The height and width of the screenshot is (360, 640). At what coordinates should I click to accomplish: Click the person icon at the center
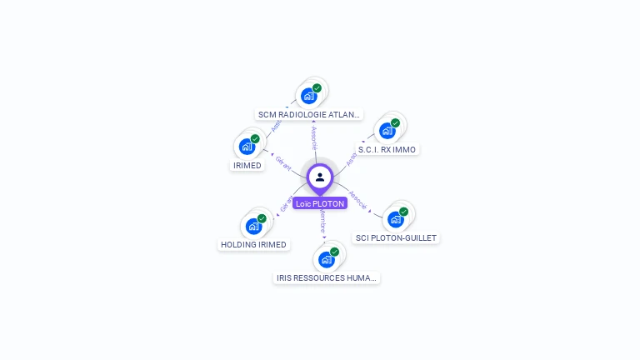320,177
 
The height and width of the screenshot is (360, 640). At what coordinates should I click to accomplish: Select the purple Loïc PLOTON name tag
320,203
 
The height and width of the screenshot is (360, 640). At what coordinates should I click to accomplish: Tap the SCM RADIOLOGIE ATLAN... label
310,114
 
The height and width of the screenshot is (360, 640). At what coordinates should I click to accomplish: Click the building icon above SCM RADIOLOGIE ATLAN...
309,95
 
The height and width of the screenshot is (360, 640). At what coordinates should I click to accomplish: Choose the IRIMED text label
247,165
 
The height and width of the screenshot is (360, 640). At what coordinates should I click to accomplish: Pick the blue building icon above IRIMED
247,147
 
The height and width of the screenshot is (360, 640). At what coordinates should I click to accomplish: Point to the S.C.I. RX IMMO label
387,150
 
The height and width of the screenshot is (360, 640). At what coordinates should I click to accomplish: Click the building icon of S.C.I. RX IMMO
387,131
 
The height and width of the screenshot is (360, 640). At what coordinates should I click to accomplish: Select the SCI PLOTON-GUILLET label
396,237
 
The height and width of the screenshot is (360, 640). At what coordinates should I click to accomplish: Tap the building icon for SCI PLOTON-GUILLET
396,219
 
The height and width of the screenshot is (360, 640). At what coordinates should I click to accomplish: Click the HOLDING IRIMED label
253,244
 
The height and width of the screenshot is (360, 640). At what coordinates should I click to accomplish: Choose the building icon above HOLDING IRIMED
253,226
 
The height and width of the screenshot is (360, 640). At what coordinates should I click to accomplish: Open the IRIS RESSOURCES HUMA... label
327,277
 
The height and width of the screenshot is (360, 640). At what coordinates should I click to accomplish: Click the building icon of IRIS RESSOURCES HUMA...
327,259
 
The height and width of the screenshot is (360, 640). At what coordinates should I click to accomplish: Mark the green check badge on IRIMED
255,139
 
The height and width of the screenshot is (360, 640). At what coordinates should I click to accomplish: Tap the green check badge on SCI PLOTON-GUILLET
404,212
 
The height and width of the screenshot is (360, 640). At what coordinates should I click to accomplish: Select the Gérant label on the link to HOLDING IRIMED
286,205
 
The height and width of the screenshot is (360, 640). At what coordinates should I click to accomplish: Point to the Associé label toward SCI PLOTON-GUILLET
357,199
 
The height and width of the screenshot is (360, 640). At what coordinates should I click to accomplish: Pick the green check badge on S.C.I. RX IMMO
395,123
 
